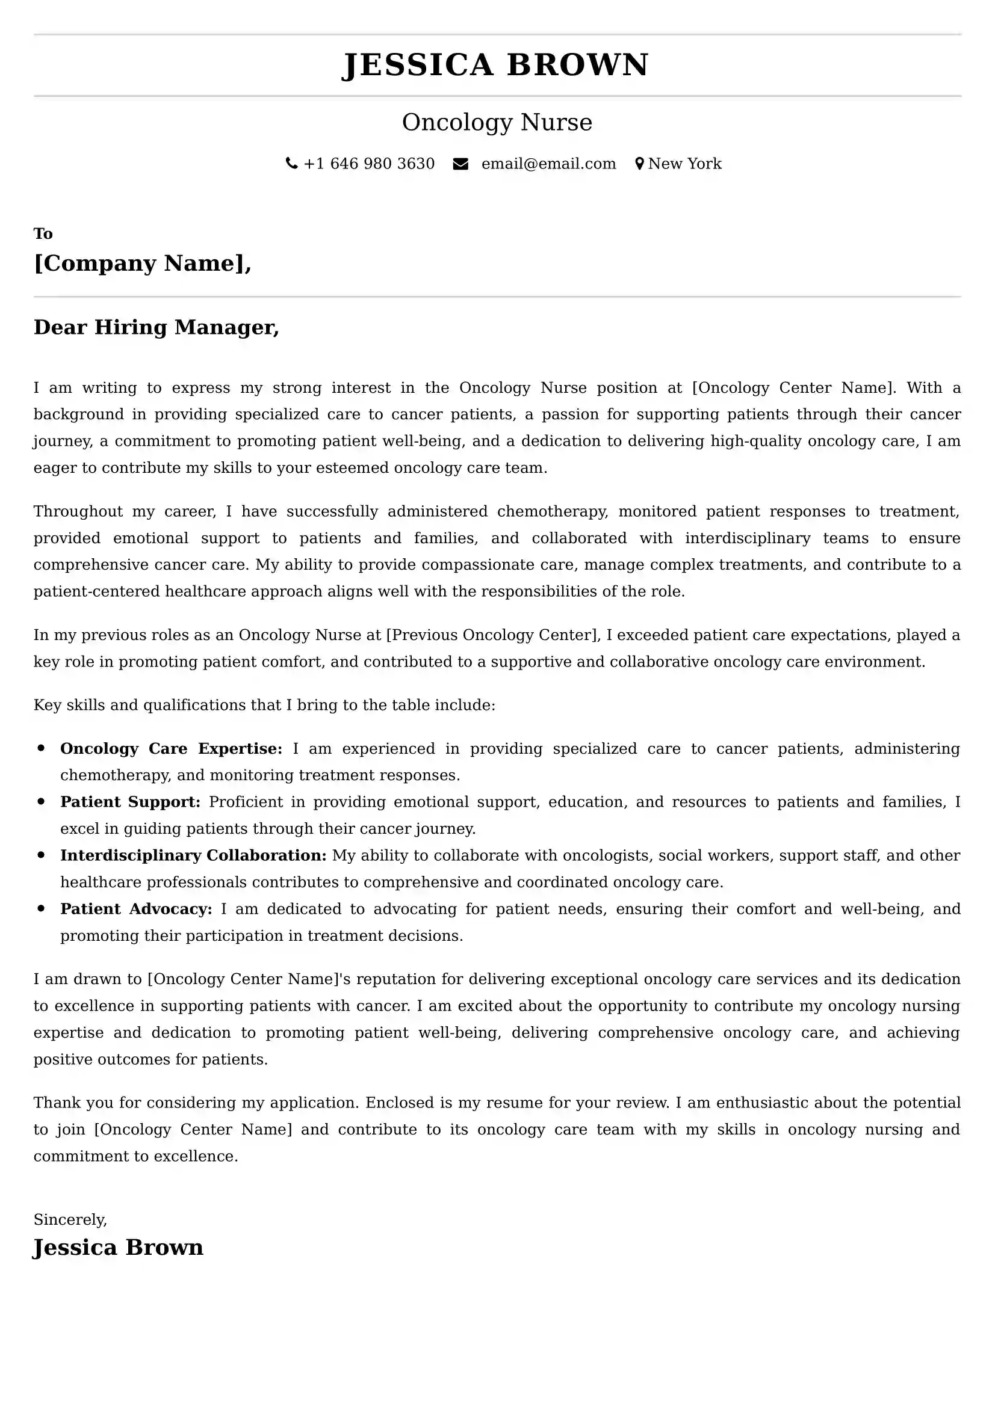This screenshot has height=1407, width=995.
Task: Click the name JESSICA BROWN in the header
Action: click(x=495, y=65)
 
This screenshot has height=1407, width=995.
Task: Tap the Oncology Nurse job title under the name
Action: click(x=497, y=123)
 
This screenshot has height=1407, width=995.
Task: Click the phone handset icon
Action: click(x=291, y=164)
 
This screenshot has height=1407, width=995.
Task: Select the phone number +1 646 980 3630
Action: click(x=369, y=164)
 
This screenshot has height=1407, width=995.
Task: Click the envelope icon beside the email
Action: click(x=460, y=164)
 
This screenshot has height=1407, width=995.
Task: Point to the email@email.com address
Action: click(x=548, y=164)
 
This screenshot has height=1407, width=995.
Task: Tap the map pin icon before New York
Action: click(x=639, y=164)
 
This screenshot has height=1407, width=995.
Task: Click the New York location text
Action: click(x=685, y=164)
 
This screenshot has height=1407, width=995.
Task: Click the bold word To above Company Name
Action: click(x=43, y=233)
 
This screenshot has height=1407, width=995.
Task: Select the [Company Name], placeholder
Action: click(x=142, y=263)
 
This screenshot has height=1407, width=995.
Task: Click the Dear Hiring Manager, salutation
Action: click(x=157, y=327)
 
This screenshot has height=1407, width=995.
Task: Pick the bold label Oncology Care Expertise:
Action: click(x=171, y=749)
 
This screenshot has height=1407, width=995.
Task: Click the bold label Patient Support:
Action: click(x=130, y=802)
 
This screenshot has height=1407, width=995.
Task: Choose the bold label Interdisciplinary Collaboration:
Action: click(x=193, y=855)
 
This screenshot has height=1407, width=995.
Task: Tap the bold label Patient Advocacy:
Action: click(x=136, y=909)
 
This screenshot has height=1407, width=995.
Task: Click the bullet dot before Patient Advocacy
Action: click(x=41, y=909)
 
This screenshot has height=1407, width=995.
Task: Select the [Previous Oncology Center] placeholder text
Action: click(x=493, y=635)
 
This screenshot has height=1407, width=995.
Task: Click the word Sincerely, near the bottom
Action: click(x=70, y=1219)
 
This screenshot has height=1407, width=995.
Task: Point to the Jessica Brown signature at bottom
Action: click(x=118, y=1248)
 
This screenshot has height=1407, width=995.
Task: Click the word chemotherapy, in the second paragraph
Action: click(x=553, y=511)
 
